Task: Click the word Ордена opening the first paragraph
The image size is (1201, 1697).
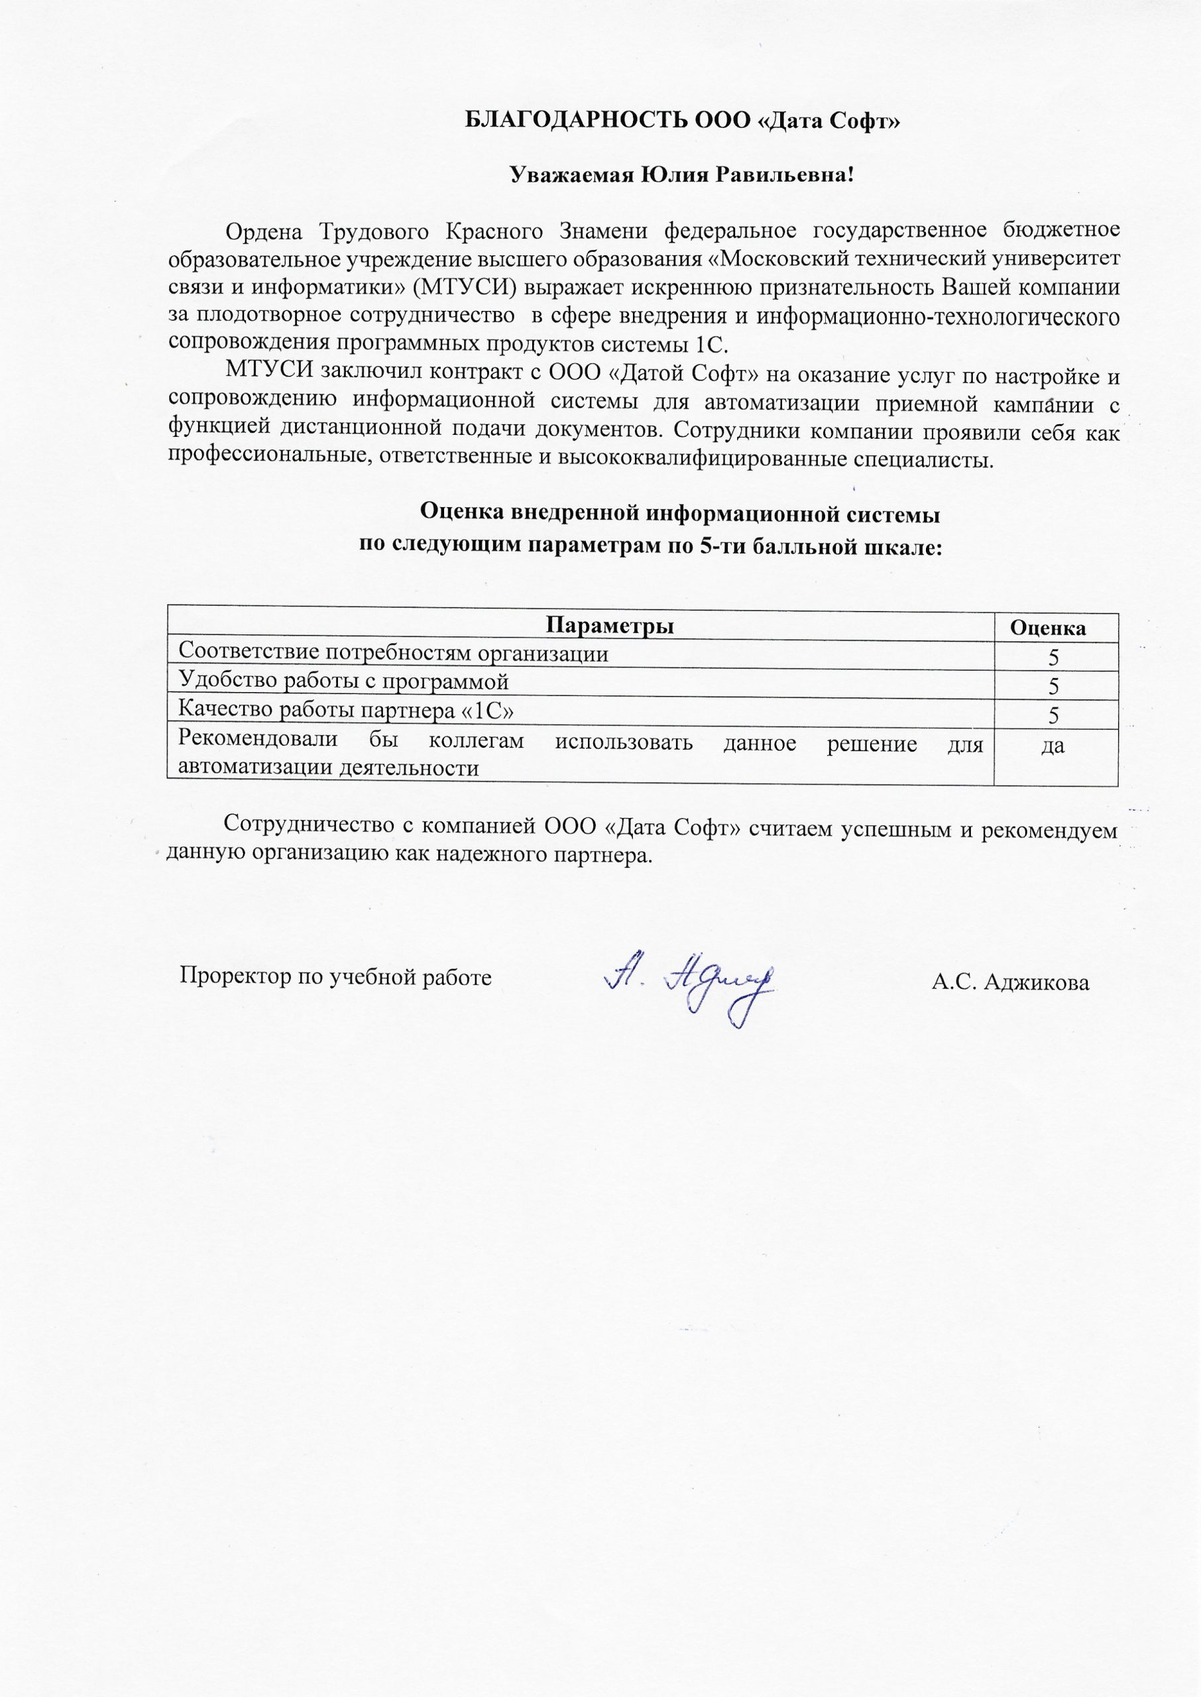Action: coord(263,231)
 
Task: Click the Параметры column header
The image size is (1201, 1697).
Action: coord(610,626)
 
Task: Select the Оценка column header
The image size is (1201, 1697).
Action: coord(1048,628)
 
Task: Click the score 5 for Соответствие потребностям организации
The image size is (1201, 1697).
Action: coord(1054,658)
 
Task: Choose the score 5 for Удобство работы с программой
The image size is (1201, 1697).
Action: coord(1054,687)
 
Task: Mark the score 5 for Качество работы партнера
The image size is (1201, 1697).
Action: coord(1054,716)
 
